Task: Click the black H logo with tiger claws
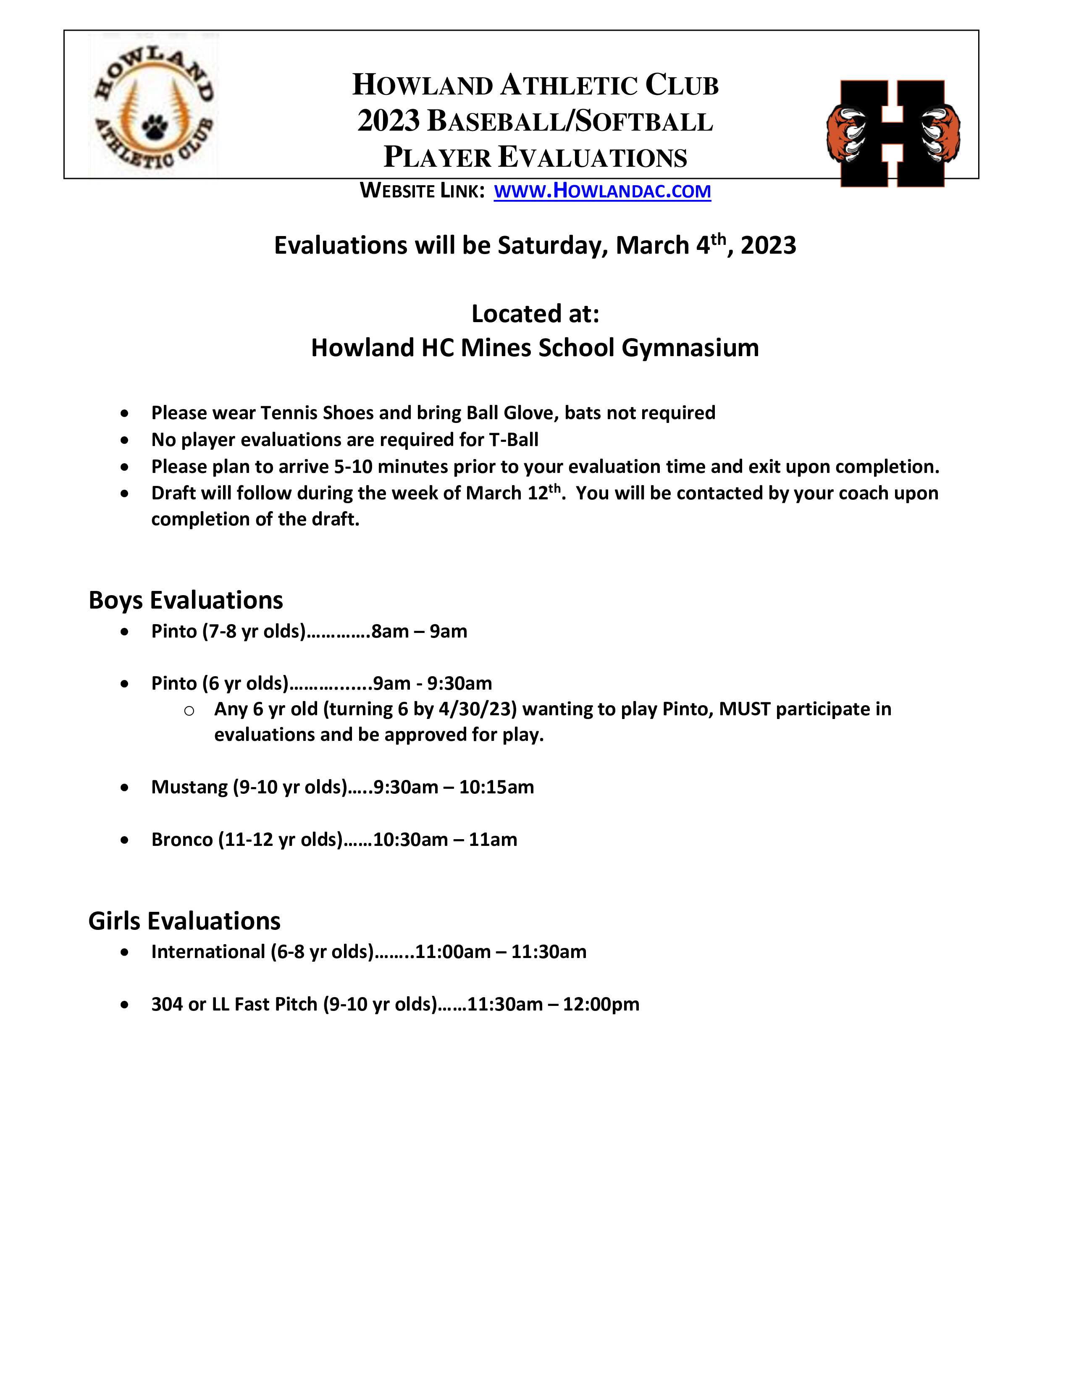tap(893, 133)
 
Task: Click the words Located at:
tap(535, 313)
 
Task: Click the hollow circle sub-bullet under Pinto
tap(189, 711)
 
